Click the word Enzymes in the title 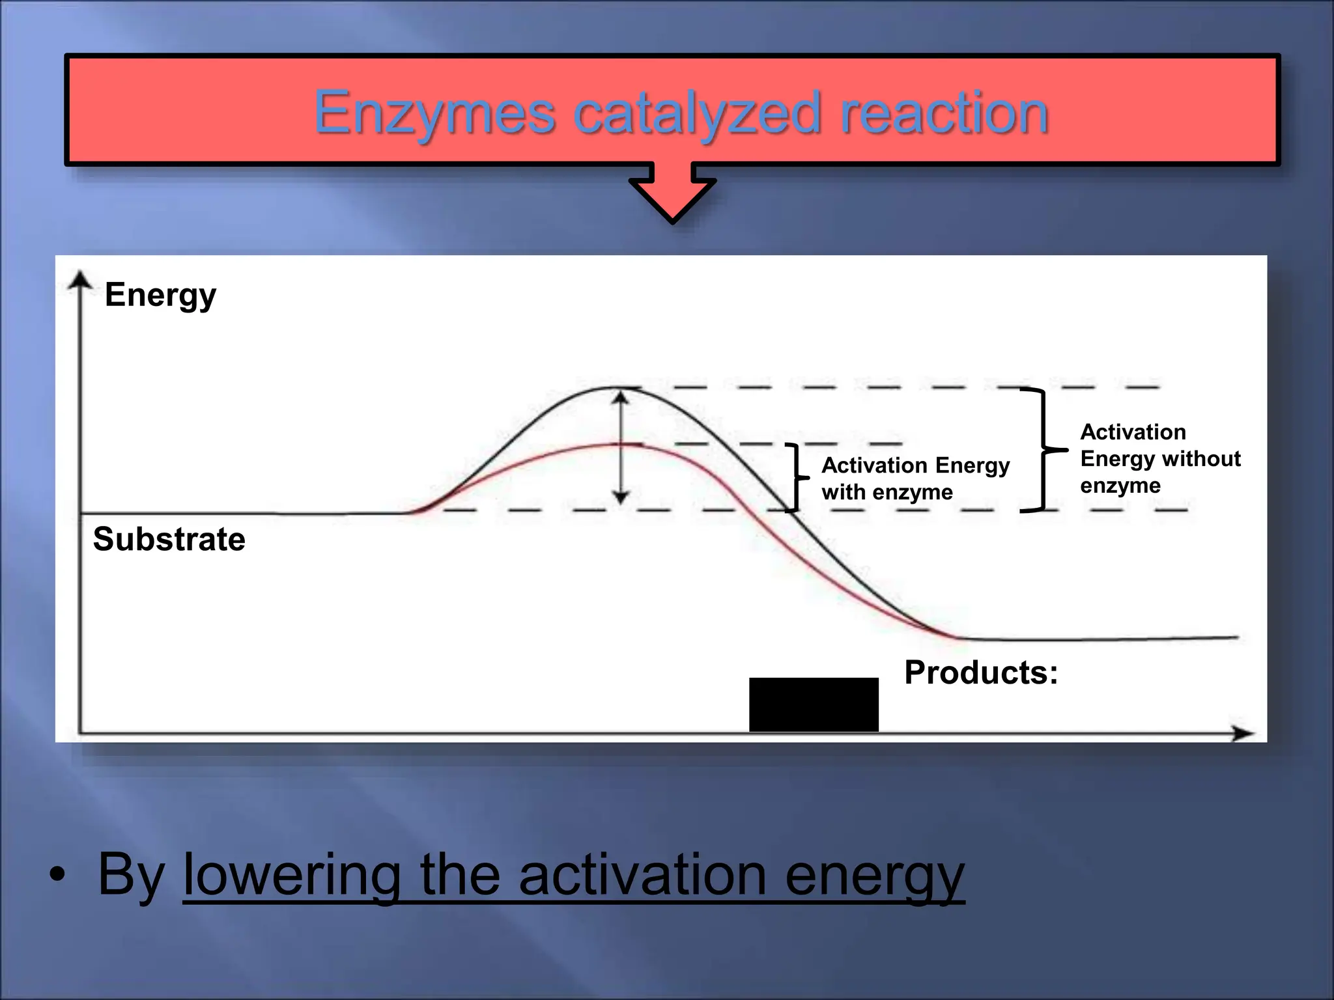pyautogui.click(x=434, y=113)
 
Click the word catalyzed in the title pyautogui.click(x=697, y=113)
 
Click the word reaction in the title pyautogui.click(x=944, y=113)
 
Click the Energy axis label pyautogui.click(x=160, y=295)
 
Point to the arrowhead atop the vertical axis pyautogui.click(x=80, y=280)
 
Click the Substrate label pyautogui.click(x=169, y=539)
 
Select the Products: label pyautogui.click(x=980, y=673)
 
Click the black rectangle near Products pyautogui.click(x=814, y=704)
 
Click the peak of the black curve pyautogui.click(x=619, y=389)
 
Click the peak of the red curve pyautogui.click(x=619, y=444)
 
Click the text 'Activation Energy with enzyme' pyautogui.click(x=915, y=479)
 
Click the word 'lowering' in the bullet pyautogui.click(x=291, y=876)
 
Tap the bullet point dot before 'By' pyautogui.click(x=57, y=876)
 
